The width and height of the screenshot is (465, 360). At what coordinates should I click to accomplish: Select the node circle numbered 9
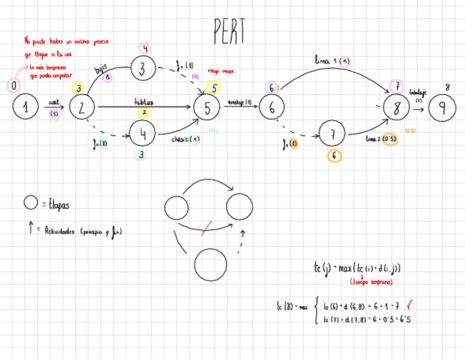click(x=442, y=108)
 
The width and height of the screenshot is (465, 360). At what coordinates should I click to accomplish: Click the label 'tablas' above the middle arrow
click(x=144, y=102)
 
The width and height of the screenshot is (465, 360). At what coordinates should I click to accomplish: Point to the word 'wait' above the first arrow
click(x=54, y=102)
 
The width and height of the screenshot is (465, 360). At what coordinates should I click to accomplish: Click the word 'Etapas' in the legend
click(x=60, y=205)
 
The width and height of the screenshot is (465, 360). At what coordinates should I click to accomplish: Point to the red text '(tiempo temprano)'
click(x=371, y=282)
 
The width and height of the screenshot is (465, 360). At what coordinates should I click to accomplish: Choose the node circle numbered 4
click(x=143, y=133)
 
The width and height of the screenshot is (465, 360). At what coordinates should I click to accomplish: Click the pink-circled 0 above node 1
click(x=14, y=86)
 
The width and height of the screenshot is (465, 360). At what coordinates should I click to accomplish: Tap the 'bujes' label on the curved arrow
click(x=100, y=69)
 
